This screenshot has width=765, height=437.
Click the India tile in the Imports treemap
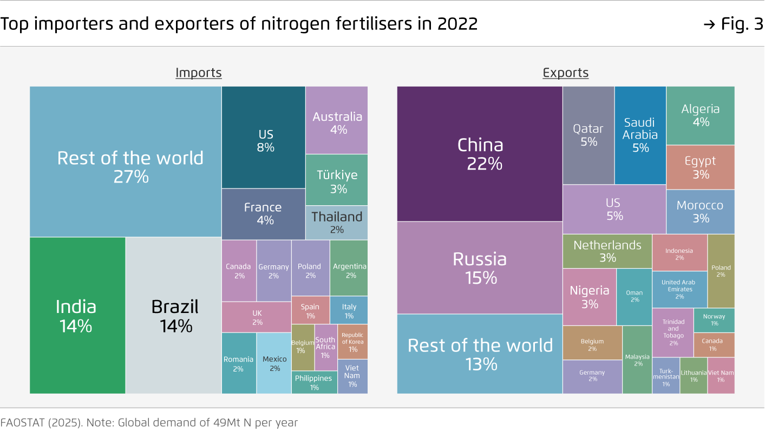(77, 315)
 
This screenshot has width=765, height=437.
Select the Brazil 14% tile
(174, 315)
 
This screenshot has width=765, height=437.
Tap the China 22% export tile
(480, 154)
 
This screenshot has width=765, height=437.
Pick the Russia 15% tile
(480, 268)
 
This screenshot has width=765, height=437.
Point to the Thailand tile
(337, 222)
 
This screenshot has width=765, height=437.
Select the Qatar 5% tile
(588, 135)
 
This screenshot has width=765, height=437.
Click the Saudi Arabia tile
(640, 135)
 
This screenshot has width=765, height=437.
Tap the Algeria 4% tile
(700, 115)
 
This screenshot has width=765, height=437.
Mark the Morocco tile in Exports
(700, 211)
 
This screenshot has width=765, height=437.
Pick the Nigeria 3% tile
(589, 297)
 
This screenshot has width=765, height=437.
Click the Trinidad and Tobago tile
(673, 332)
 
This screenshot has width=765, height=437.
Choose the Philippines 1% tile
(314, 382)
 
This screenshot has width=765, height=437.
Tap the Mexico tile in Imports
(274, 363)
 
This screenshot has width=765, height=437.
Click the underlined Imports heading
(199, 73)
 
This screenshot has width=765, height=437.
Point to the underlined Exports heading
(565, 73)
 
